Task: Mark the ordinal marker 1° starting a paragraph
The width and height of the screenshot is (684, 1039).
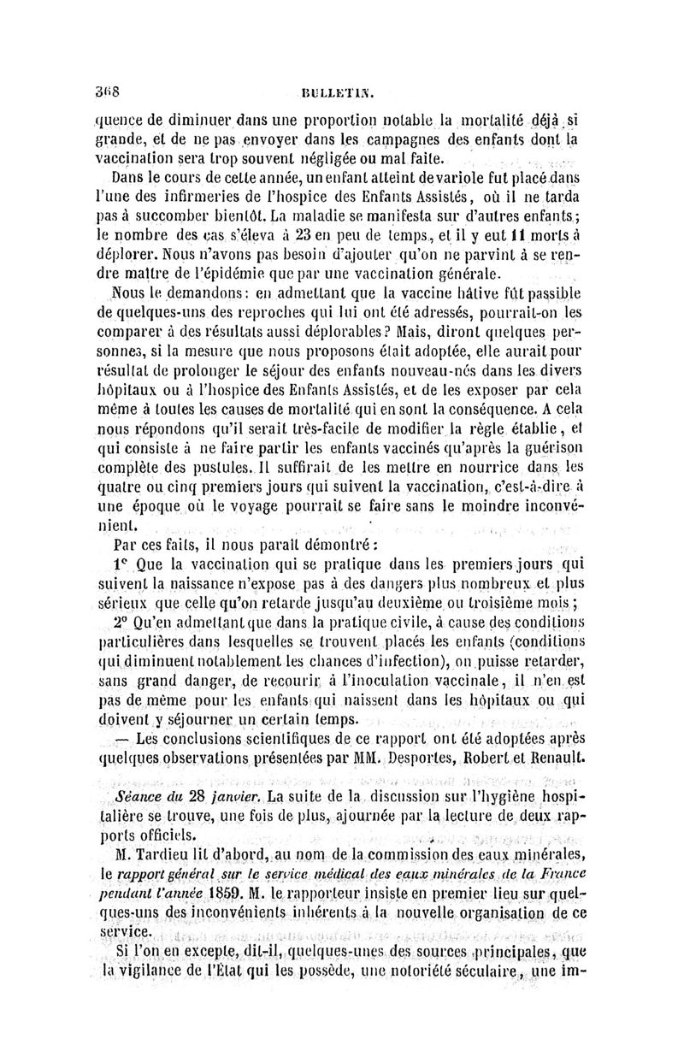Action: coord(121,567)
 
